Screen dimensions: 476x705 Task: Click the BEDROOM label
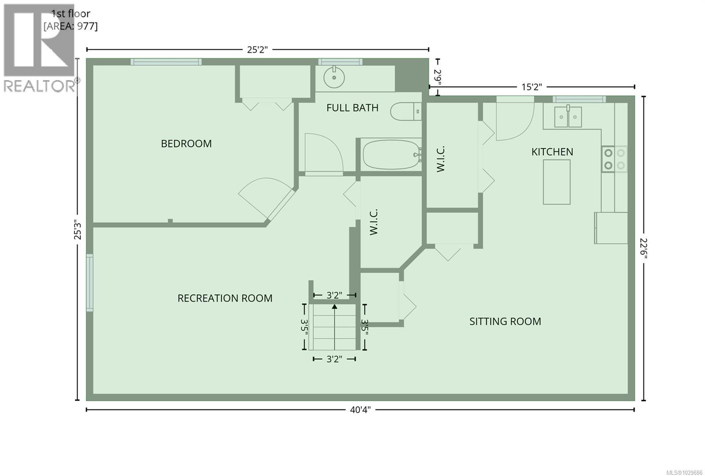click(186, 144)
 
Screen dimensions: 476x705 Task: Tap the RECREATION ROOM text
click(225, 298)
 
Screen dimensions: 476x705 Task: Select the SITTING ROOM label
click(505, 321)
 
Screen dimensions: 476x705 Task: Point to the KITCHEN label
click(552, 152)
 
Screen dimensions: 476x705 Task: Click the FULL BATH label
click(352, 108)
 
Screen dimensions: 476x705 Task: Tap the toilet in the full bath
click(405, 111)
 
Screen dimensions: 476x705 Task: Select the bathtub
click(391, 155)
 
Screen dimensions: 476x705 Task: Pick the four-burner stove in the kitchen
click(615, 159)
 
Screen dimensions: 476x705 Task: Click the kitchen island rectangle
click(557, 182)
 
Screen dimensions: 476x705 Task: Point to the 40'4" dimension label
click(360, 410)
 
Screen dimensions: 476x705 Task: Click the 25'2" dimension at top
click(257, 49)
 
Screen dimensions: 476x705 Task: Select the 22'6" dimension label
click(644, 248)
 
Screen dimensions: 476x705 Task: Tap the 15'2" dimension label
click(531, 87)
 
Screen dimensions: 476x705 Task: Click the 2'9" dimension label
click(437, 77)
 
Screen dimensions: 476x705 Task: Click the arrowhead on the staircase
click(334, 307)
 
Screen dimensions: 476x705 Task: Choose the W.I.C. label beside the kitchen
click(441, 159)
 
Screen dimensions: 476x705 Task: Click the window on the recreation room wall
click(89, 283)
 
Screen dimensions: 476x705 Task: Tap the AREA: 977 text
click(70, 26)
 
